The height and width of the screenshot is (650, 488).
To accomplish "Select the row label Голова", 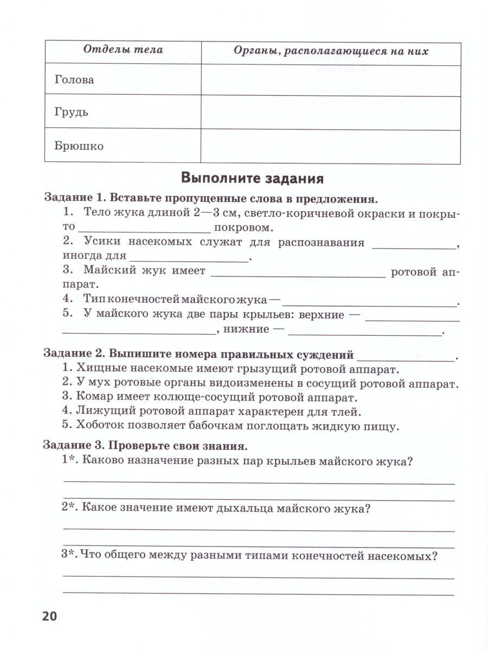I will [x=74, y=80].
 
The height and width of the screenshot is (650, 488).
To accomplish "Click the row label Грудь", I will [x=71, y=113].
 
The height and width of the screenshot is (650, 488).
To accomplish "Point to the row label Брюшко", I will [x=79, y=146].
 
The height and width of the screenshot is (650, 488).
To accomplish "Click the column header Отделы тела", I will [x=123, y=50].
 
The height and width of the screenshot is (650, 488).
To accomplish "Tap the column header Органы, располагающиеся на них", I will [x=330, y=51].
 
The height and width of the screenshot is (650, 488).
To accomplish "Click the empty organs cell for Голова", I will [x=330, y=79].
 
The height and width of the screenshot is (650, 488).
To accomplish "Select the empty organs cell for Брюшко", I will [x=330, y=146].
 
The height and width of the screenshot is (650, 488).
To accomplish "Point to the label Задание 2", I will [x=73, y=356].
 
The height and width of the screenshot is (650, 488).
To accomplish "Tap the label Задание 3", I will [x=73, y=447].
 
